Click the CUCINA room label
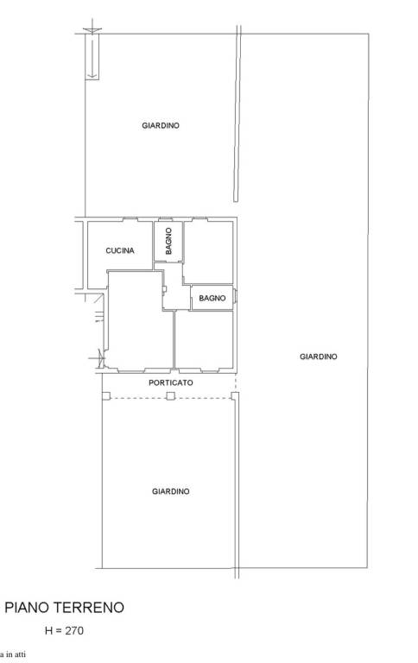(x=120, y=250)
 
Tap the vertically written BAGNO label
(x=168, y=241)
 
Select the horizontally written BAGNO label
(x=212, y=298)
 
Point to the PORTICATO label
(x=170, y=382)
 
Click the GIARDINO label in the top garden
(x=161, y=125)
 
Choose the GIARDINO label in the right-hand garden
(x=318, y=357)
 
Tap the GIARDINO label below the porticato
(x=170, y=491)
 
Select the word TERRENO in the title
(x=93, y=608)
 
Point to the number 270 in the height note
(x=74, y=630)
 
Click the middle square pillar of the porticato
(x=170, y=395)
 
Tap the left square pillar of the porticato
(x=106, y=395)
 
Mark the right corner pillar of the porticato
(x=235, y=395)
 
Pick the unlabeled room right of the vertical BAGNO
(x=209, y=252)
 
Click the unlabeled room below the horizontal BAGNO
(x=205, y=340)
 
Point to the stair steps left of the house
(x=99, y=316)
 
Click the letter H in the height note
(x=48, y=630)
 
